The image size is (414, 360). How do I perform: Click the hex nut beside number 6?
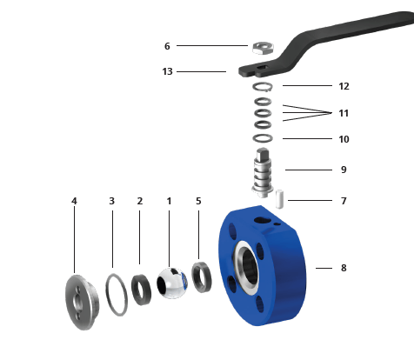(263, 48)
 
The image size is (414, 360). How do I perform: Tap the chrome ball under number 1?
(172, 283)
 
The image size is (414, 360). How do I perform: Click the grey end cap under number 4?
(82, 302)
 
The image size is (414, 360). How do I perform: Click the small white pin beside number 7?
(279, 199)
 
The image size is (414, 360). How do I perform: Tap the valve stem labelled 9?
(263, 173)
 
